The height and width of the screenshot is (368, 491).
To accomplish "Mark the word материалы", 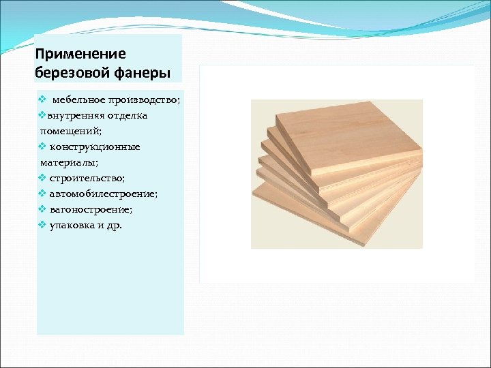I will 69,162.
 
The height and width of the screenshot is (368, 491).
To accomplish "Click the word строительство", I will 87,178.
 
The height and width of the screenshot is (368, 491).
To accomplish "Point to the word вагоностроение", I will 91,209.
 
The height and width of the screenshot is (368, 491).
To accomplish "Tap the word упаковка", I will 72,225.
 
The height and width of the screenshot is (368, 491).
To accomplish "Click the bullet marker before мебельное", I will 42,100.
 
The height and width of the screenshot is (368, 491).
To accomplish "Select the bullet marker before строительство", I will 42,178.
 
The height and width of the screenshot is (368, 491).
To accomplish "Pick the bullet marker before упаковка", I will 42,225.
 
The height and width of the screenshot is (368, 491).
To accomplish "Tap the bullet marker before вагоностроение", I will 42,209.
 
